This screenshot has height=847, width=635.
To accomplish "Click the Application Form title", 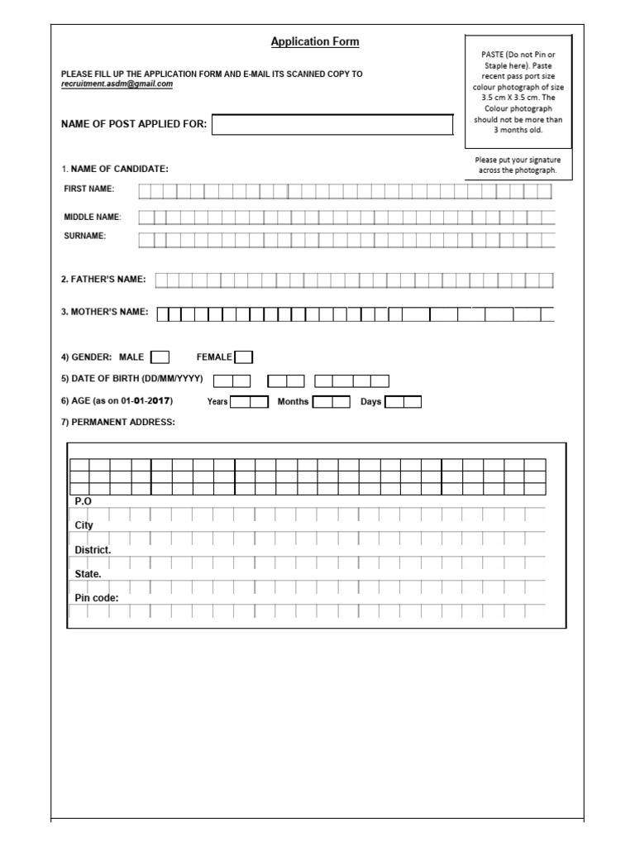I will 315,42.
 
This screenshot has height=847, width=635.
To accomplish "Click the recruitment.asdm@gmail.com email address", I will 117,84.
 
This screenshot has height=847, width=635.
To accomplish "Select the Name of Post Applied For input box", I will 333,125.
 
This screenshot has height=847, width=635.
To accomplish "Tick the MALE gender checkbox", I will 160,357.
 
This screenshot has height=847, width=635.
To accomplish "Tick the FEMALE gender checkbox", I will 244,357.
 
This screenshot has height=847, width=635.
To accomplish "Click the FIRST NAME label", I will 89,189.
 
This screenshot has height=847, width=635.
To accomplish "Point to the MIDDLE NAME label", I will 93,217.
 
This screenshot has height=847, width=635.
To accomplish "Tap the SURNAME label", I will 85,237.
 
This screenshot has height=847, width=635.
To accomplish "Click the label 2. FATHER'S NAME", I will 103,280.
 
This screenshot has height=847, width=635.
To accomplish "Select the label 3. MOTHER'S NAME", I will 104,312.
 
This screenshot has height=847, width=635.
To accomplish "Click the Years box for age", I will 249,402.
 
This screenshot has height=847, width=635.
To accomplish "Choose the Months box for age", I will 331,402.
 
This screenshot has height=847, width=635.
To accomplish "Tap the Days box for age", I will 403,402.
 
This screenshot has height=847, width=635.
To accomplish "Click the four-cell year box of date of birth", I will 352,380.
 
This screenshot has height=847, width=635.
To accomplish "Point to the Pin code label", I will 97,597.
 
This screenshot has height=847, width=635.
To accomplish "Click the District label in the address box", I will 93,550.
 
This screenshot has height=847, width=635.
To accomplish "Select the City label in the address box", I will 84,525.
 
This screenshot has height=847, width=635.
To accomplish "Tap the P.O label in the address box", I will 83,501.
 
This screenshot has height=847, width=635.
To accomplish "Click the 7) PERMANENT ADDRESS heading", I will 117,422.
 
